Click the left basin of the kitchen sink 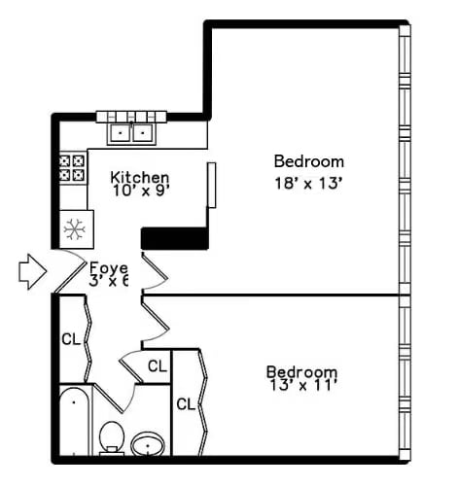[x=122, y=132]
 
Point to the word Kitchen [x=140, y=178]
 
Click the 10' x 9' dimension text [x=140, y=192]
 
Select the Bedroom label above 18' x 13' [x=308, y=161]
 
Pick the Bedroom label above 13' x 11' [x=301, y=371]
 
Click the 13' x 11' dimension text [x=301, y=387]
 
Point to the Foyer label [x=109, y=267]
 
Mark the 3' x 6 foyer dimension [x=109, y=282]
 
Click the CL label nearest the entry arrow [x=70, y=340]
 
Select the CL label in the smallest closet [x=157, y=366]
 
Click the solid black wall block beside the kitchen [x=175, y=238]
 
